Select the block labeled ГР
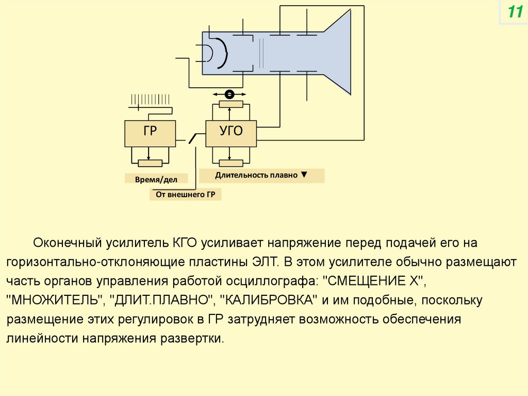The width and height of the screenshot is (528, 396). tap(150, 133)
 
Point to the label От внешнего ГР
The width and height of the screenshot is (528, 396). tap(185, 195)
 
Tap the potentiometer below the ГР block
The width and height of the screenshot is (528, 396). tap(150, 163)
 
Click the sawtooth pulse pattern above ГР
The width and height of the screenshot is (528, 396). tap(151, 101)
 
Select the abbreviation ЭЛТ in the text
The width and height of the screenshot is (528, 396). tap(266, 261)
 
